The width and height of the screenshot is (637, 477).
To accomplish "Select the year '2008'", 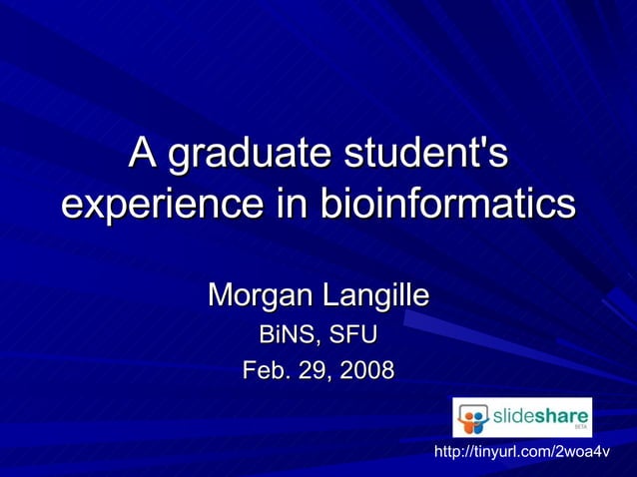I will pos(366,371).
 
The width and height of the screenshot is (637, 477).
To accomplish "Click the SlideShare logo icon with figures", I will pos(473,418).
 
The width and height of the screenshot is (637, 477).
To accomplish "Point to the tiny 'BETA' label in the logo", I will pos(580,427).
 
